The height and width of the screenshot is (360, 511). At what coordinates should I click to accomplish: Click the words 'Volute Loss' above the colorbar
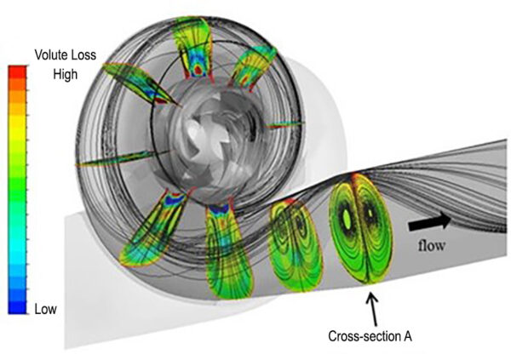[66, 55]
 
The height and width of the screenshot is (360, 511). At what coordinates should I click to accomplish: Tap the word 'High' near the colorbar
[66, 74]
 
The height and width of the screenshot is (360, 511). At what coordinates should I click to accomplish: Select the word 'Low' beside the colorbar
[46, 309]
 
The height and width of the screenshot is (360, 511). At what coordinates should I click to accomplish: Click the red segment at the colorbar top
[17, 72]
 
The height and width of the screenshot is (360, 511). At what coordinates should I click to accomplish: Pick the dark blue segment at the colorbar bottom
[17, 307]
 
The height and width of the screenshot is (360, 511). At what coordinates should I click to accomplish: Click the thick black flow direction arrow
[430, 222]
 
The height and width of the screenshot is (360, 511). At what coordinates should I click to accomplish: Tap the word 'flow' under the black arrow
[431, 245]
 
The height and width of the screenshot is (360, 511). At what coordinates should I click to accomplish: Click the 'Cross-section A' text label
[370, 336]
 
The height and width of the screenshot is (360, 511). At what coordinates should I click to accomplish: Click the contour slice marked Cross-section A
[361, 228]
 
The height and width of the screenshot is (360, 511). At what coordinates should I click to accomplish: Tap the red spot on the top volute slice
[198, 70]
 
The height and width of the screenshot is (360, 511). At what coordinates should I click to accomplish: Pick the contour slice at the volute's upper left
[141, 84]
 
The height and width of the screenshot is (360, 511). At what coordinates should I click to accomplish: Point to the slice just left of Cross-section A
[296, 244]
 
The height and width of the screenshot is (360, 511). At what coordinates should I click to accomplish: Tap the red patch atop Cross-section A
[355, 178]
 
